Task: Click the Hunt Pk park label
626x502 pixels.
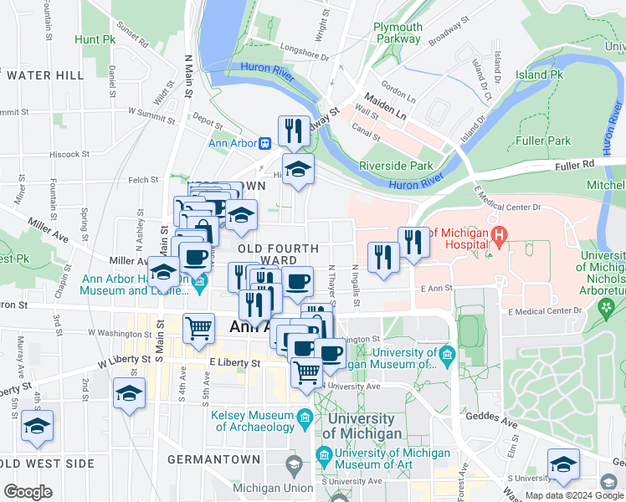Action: tap(94, 39)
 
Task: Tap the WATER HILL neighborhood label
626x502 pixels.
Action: tap(44, 75)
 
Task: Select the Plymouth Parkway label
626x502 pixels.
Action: tap(398, 33)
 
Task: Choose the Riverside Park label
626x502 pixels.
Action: tap(396, 166)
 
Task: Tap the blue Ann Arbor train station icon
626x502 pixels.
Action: tap(264, 142)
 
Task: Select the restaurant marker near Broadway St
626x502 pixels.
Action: tap(292, 131)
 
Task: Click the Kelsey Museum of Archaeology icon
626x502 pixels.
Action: tap(305, 417)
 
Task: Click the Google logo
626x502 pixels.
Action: tap(28, 492)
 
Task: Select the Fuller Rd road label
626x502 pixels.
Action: tap(576, 165)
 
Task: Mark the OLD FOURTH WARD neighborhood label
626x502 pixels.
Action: tap(278, 254)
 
